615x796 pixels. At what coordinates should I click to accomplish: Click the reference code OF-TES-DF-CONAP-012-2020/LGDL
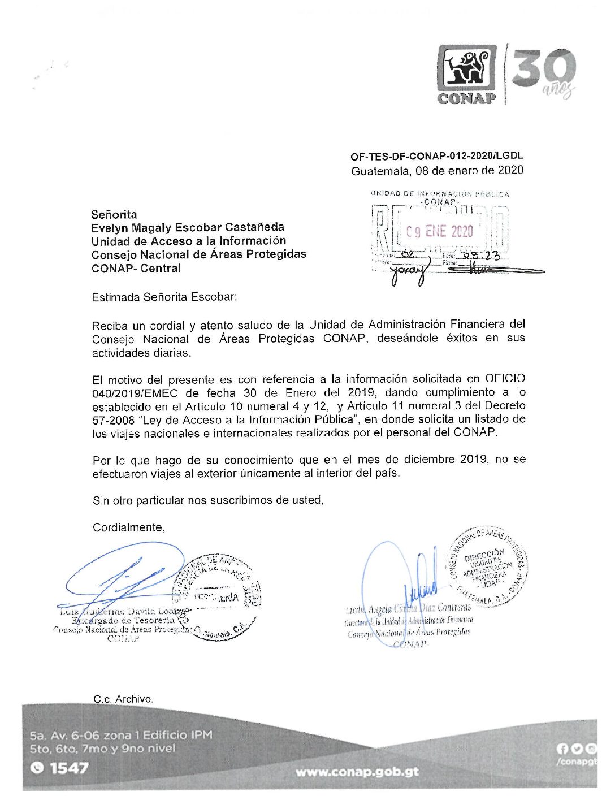click(x=437, y=156)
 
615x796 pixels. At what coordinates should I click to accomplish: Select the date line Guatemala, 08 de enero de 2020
click(x=437, y=170)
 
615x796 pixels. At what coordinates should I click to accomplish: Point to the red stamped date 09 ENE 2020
click(x=439, y=231)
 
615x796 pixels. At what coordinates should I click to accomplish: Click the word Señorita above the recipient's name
click(x=114, y=214)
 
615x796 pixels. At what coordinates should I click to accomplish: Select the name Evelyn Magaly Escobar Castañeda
click(x=188, y=227)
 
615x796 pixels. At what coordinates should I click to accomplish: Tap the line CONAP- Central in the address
click(x=136, y=268)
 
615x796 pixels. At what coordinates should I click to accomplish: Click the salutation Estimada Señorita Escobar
click(x=164, y=297)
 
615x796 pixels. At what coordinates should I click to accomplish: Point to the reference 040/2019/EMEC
click(x=135, y=393)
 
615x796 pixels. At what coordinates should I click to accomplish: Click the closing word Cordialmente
click(x=128, y=527)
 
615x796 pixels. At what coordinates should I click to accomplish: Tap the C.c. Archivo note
click(x=123, y=699)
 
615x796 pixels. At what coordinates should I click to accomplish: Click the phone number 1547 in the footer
click(x=69, y=768)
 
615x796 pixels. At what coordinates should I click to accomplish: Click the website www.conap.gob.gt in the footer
click(x=357, y=772)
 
